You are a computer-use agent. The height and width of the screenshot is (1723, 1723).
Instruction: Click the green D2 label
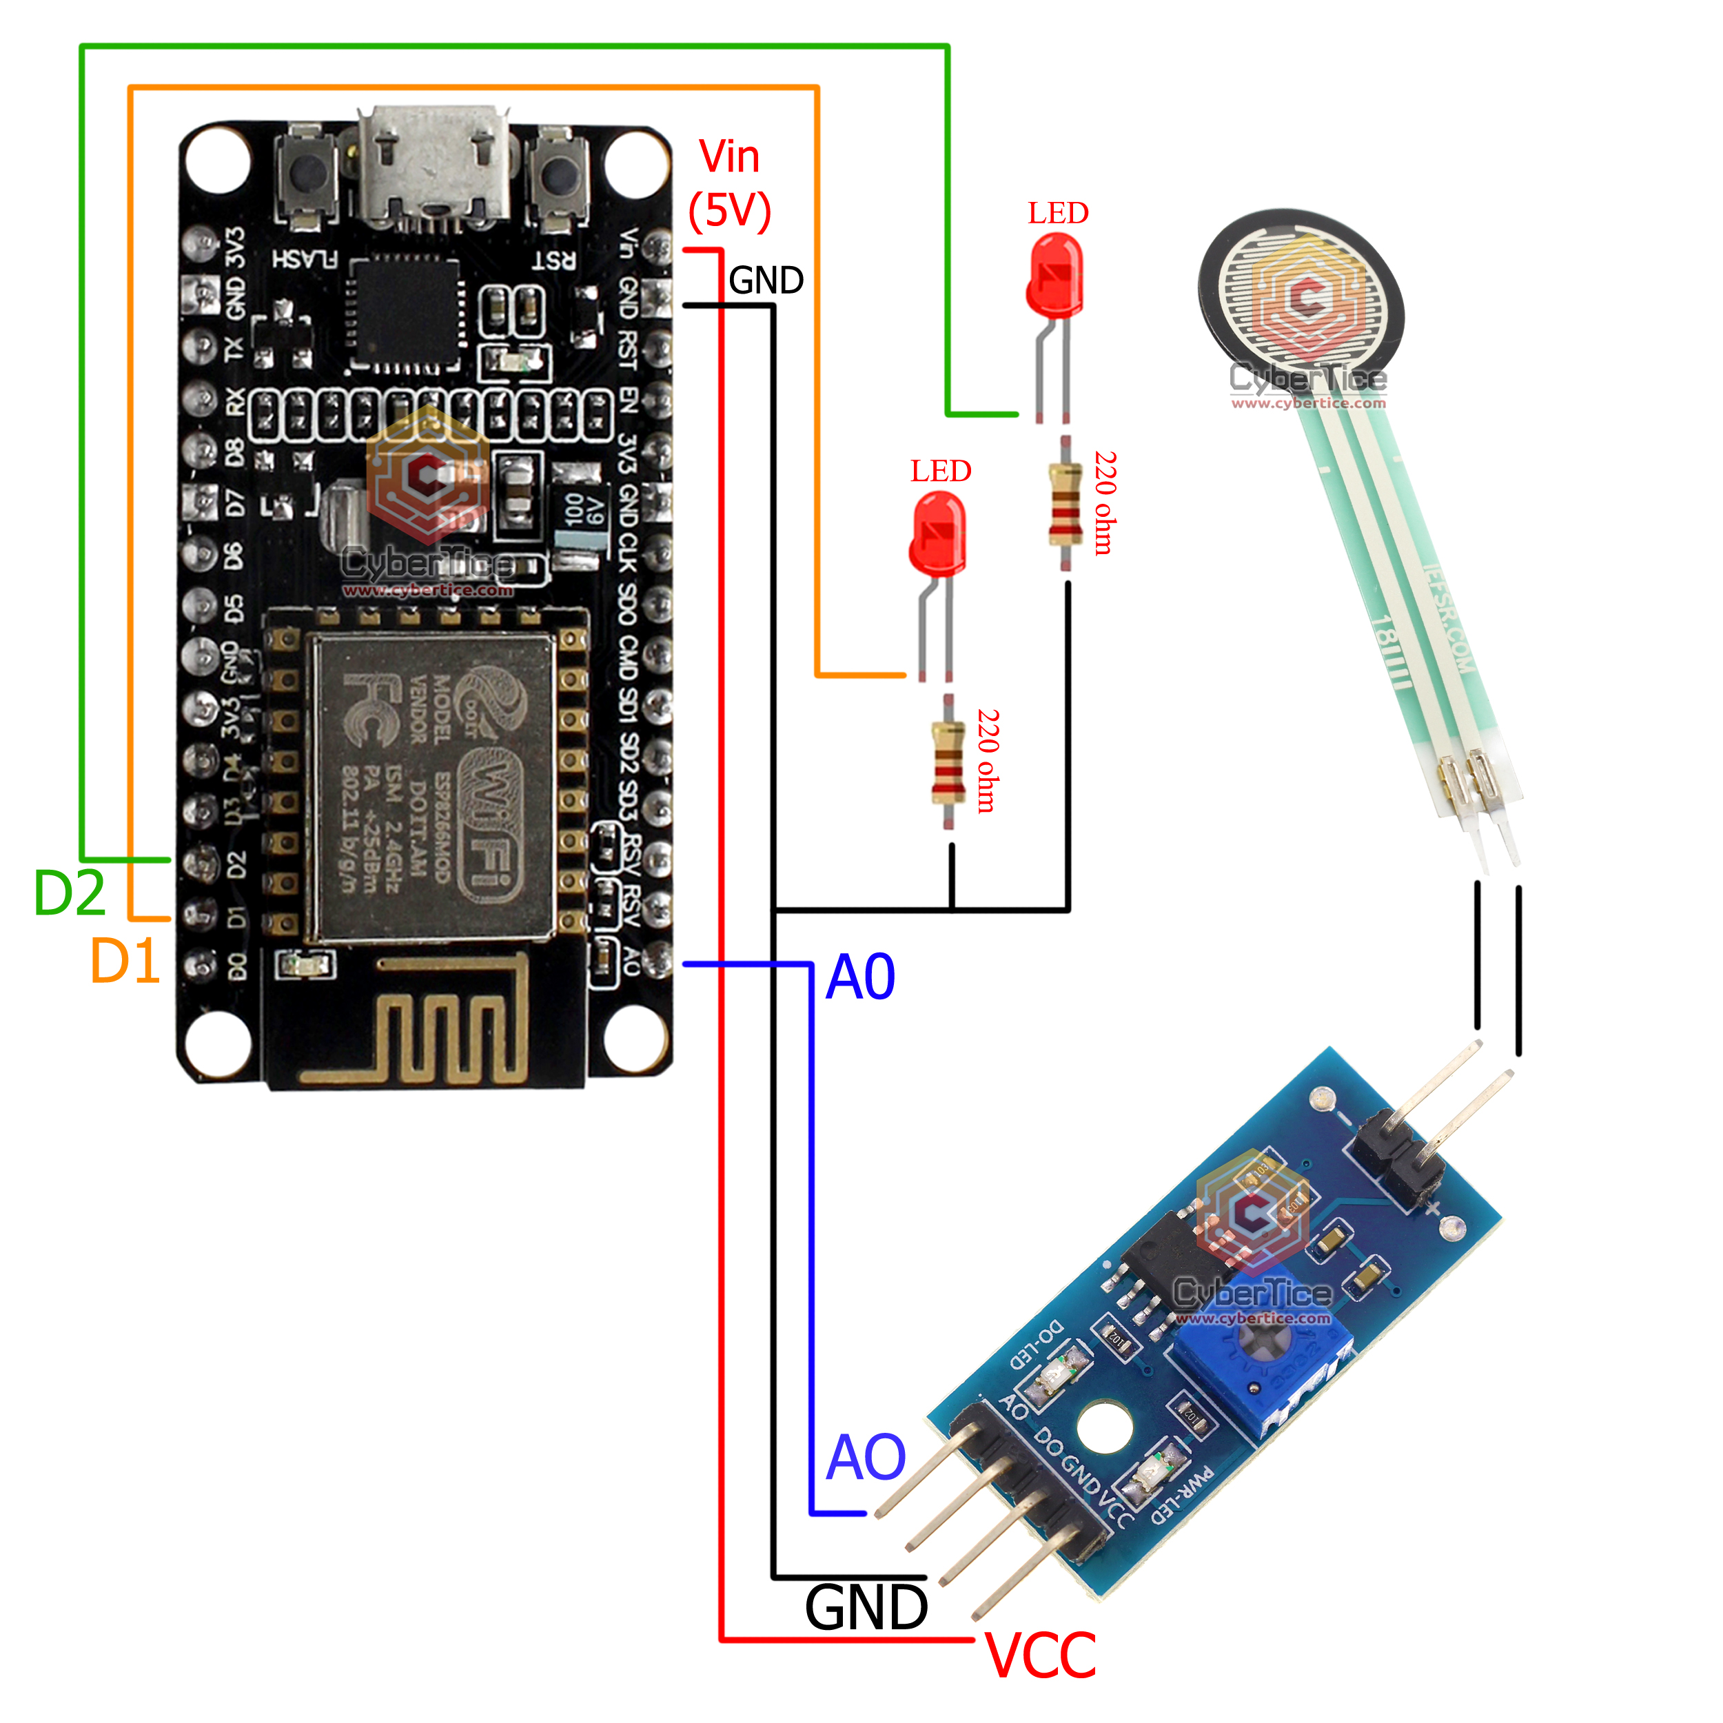click(70, 893)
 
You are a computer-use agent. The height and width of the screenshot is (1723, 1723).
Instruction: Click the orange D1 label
click(125, 961)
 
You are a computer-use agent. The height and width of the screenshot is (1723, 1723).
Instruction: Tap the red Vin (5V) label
click(729, 184)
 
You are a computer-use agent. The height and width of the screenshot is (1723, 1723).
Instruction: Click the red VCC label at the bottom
click(1041, 1656)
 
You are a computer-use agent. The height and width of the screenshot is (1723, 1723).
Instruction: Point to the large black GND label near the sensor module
click(866, 1608)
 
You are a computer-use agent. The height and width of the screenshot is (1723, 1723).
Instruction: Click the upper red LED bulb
click(1056, 275)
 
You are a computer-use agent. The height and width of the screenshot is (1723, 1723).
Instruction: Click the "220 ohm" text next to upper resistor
click(1105, 503)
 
